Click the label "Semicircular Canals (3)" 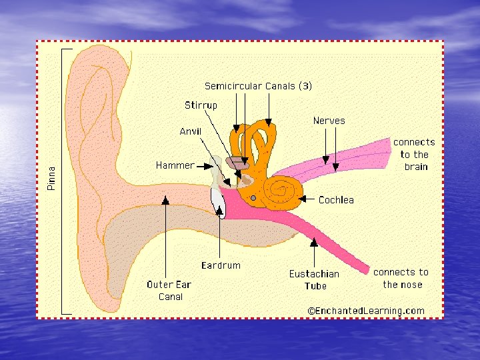pos(258,86)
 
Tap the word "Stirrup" pos(201,105)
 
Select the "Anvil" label pos(190,131)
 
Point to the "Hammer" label pos(175,165)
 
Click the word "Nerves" pos(329,121)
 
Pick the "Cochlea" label pos(336,199)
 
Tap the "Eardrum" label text pos(221,265)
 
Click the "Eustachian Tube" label pos(314,279)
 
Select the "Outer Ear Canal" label pos(169,290)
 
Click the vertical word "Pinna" pos(52,179)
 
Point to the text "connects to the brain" pos(414,154)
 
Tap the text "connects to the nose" pos(401,278)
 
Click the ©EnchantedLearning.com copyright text pos(366,311)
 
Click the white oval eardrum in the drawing pos(218,202)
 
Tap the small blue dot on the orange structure pos(253,198)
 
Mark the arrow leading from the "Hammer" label pos(205,165)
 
